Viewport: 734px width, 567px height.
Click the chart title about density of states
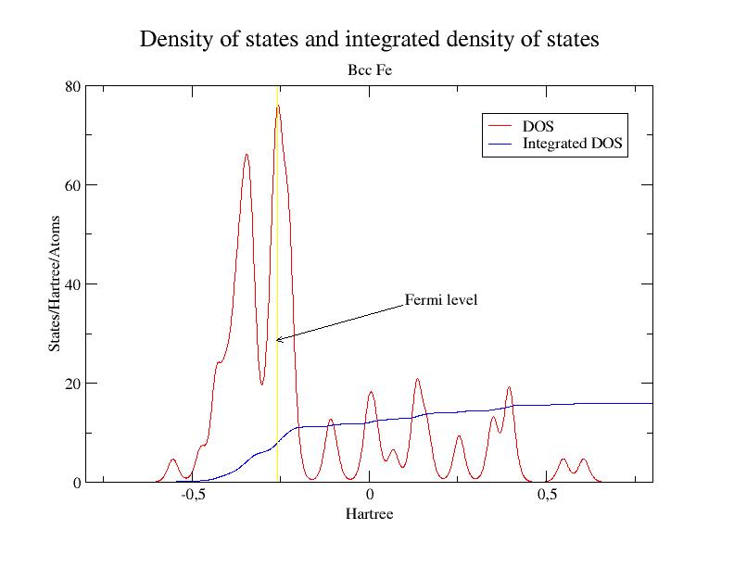point(369,40)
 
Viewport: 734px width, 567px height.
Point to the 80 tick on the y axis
point(70,86)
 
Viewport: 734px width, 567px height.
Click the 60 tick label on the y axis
point(70,185)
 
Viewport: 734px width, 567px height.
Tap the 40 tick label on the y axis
point(70,284)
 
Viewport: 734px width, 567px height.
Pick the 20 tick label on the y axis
point(70,384)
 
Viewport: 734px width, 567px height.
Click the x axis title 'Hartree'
point(369,513)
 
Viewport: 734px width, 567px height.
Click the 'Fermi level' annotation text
point(441,300)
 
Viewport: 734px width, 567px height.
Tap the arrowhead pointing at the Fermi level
point(278,340)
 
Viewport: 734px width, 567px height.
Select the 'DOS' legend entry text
point(538,125)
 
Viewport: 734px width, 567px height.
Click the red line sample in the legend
point(500,125)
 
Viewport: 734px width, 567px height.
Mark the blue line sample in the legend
point(500,144)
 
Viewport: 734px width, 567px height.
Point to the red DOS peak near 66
point(247,155)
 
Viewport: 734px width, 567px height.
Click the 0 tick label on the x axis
point(369,496)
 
